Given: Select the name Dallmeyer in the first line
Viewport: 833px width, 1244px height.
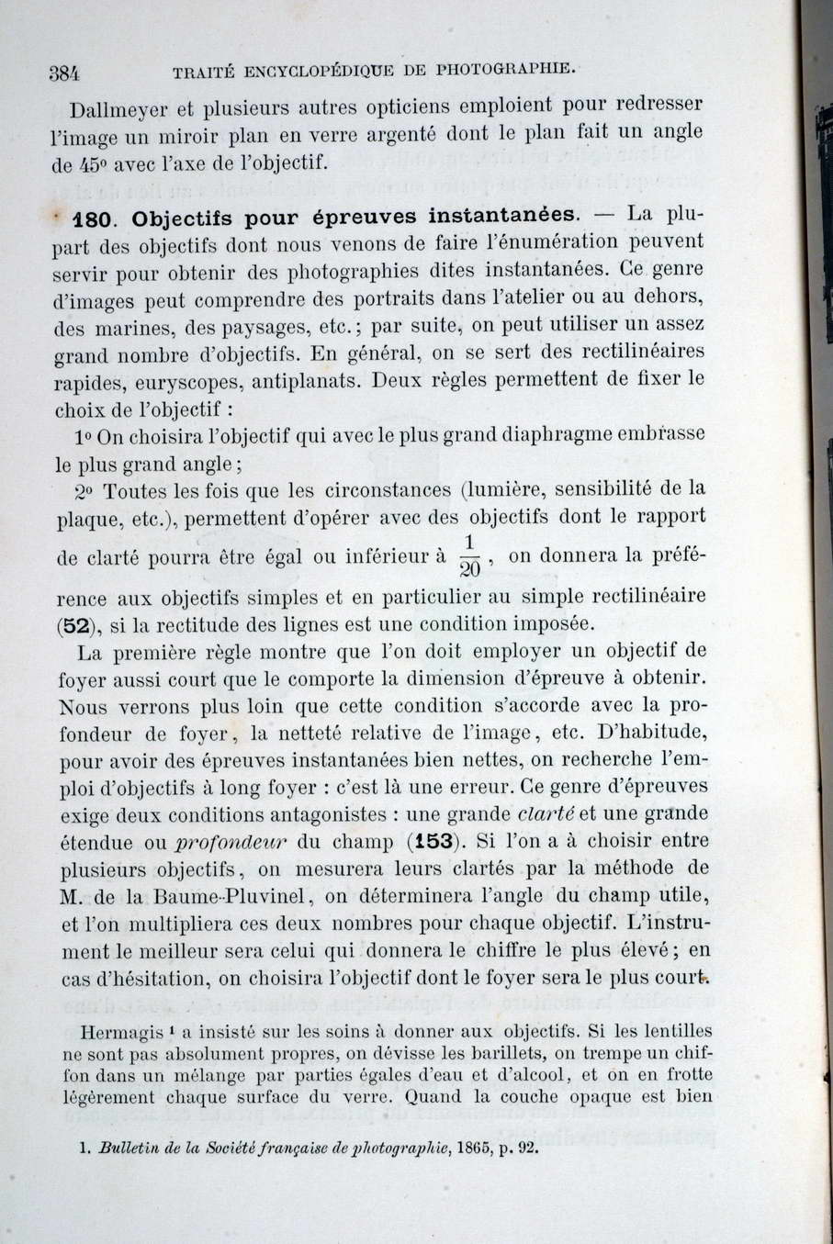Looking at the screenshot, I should (118, 111).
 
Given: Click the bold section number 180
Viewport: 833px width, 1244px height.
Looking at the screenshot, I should (94, 219).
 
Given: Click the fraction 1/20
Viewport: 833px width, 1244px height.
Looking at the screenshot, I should (468, 556).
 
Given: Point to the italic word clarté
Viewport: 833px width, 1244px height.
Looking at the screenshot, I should (546, 813).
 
